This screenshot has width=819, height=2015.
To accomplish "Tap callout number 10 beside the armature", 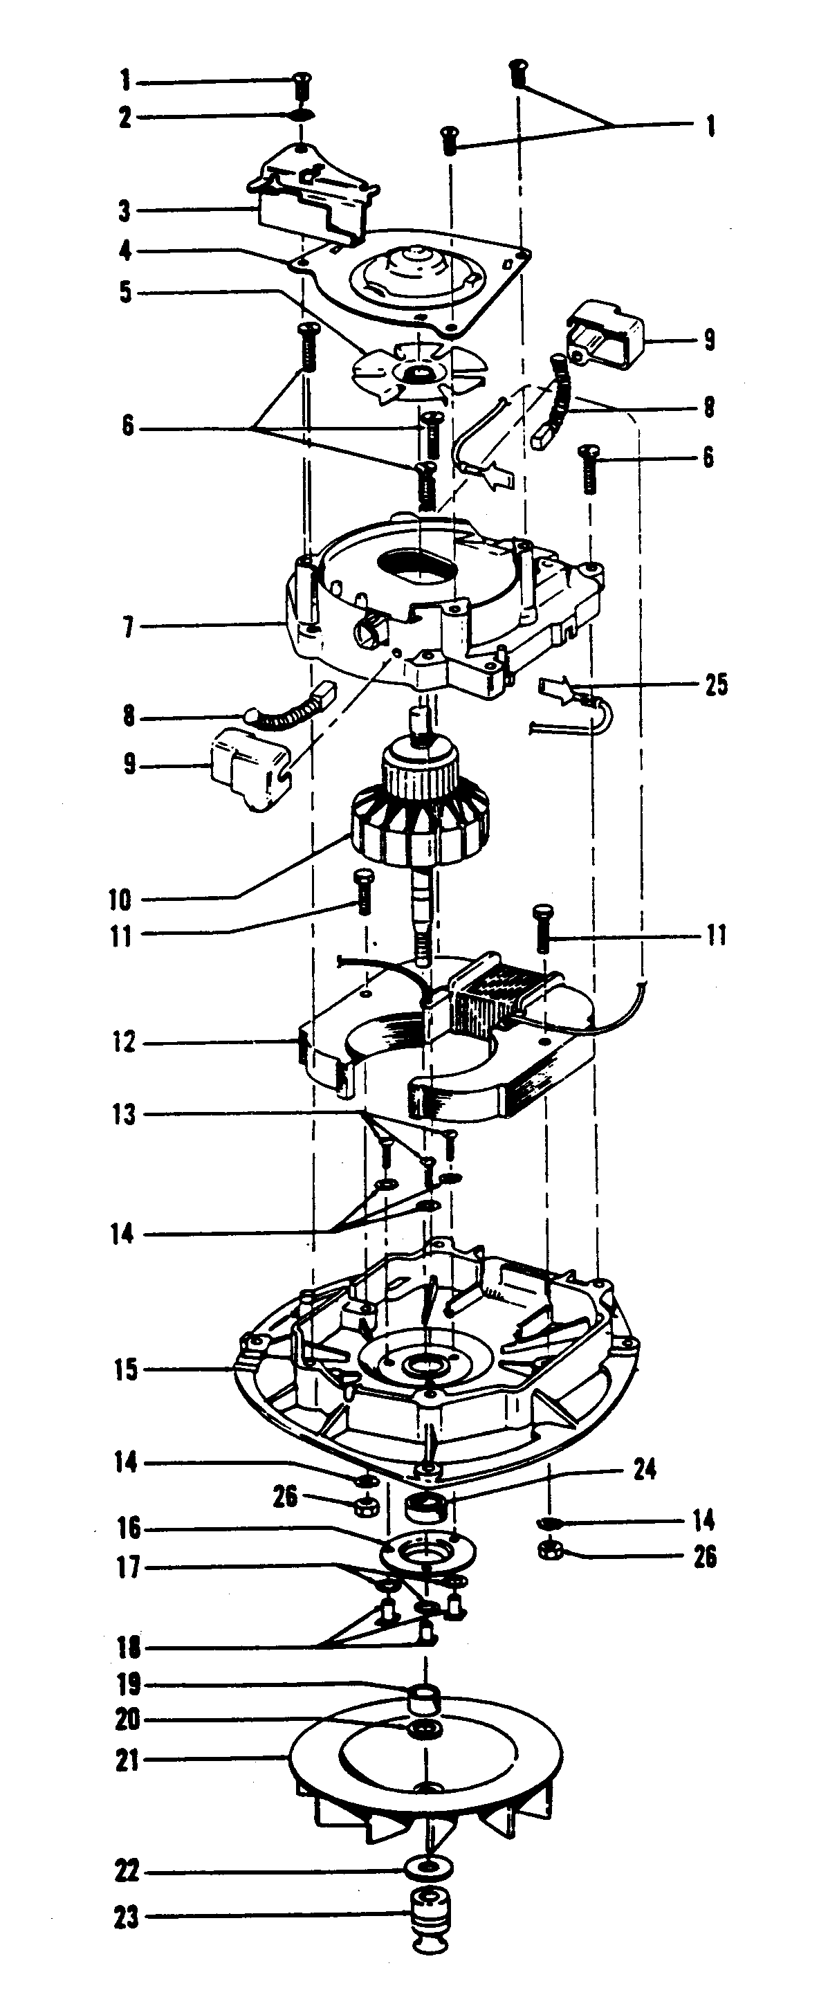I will tap(120, 900).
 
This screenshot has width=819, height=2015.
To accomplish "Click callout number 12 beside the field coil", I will tap(124, 1042).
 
